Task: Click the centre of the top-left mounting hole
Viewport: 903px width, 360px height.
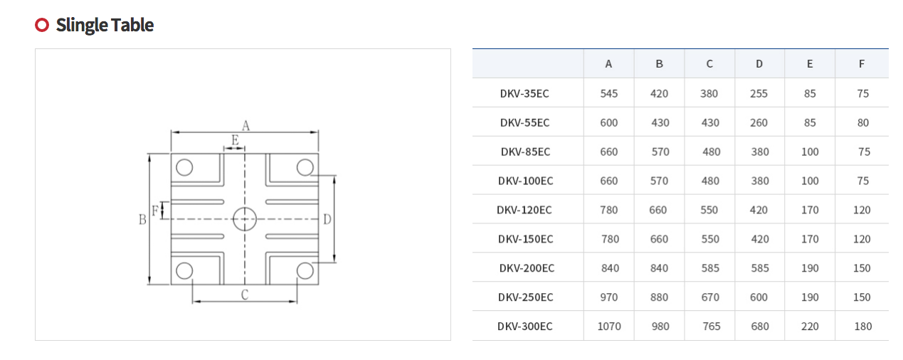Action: [x=184, y=167]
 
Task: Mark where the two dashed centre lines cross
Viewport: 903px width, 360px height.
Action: [x=245, y=219]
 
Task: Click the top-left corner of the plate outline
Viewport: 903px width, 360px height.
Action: [x=171, y=154]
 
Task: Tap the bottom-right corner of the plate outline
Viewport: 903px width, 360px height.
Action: [x=319, y=285]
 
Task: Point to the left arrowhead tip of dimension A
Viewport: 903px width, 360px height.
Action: [x=171, y=132]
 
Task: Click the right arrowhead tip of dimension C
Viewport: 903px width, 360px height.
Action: [x=297, y=301]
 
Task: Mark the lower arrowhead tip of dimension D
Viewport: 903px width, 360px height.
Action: [x=334, y=263]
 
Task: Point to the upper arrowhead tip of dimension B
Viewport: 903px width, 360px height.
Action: [x=149, y=154]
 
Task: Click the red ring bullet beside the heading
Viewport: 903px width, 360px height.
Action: [x=42, y=25]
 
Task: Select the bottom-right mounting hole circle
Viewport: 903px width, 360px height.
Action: [x=305, y=270]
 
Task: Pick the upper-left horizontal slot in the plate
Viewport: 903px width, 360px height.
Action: [x=198, y=201]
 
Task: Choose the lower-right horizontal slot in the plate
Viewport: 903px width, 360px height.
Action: [x=292, y=236]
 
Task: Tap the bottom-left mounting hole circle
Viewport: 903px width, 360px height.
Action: [x=184, y=270]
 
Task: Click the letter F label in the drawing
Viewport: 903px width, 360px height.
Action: [x=155, y=211]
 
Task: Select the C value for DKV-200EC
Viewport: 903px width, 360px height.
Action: [x=710, y=268]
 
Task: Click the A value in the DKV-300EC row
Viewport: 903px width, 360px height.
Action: [x=608, y=326]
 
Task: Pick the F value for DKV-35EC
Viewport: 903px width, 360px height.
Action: [x=862, y=93]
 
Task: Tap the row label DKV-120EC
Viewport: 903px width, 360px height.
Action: [x=524, y=210]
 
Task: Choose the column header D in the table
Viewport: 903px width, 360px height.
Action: [x=759, y=64]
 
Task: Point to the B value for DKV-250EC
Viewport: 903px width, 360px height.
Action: [x=659, y=297]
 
